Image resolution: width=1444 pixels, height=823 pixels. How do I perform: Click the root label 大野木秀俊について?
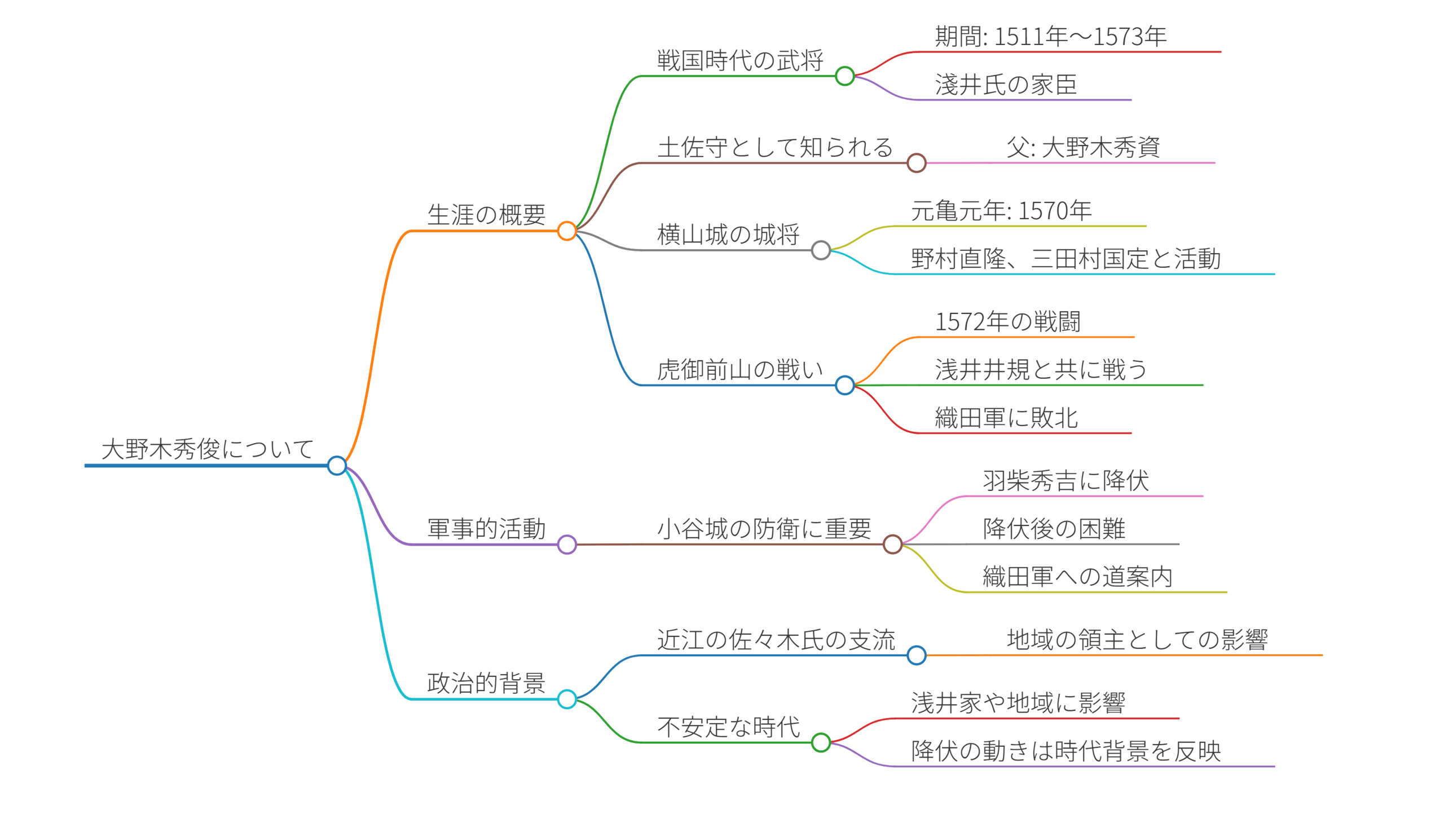click(207, 449)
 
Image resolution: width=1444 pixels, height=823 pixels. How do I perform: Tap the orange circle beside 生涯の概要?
click(566, 231)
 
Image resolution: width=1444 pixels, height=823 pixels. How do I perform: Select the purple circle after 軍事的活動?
click(566, 545)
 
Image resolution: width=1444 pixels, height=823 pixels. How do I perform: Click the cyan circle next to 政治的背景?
click(566, 698)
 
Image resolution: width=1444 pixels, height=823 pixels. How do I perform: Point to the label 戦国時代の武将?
click(740, 60)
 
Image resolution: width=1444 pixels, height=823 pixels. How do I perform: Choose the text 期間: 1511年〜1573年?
click(1050, 37)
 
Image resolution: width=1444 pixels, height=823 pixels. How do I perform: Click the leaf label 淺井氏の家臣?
click(1006, 85)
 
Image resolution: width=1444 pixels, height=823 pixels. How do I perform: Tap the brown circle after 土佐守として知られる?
click(915, 163)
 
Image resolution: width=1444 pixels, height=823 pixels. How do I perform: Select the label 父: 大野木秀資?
click(1082, 148)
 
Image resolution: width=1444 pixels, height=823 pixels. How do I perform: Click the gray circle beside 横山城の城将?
click(820, 250)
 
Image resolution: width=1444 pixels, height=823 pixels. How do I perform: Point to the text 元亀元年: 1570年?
click(1001, 211)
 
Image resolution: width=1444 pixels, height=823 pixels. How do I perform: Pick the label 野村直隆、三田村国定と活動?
click(1066, 259)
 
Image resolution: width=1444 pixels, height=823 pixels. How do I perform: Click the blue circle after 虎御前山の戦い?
click(844, 385)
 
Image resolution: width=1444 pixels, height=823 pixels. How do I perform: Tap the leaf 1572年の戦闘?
click(1007, 322)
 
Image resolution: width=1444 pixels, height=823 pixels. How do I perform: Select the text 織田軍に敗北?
click(1006, 418)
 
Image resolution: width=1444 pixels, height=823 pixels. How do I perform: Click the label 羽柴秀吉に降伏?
click(1066, 481)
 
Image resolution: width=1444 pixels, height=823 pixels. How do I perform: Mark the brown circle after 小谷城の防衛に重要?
click(892, 545)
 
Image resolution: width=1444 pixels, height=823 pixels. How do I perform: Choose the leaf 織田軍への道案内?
click(1077, 577)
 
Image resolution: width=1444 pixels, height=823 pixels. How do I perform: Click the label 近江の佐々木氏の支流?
click(776, 640)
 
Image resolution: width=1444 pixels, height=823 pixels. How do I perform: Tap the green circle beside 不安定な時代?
click(820, 742)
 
